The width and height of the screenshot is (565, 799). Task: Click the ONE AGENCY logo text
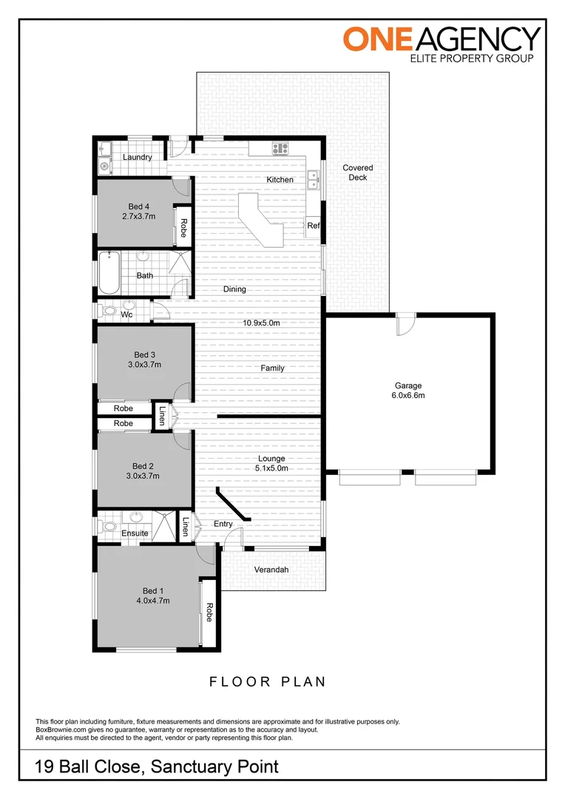(x=441, y=38)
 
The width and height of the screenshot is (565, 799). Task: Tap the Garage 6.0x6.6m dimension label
(x=407, y=396)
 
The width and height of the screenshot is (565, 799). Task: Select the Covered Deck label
(x=358, y=172)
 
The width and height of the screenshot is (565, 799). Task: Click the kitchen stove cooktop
(x=280, y=149)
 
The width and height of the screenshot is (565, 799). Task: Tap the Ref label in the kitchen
(x=313, y=226)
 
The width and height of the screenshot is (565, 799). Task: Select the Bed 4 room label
(x=138, y=206)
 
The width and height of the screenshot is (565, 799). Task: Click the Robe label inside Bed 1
(x=209, y=612)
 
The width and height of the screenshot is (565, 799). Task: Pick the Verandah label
(x=271, y=570)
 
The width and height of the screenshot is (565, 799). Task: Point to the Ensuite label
(x=134, y=533)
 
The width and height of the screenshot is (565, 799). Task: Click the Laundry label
(x=138, y=157)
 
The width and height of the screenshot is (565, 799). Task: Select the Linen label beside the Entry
(x=186, y=526)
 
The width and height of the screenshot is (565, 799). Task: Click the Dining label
(x=234, y=289)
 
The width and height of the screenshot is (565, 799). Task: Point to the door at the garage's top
(x=405, y=326)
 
